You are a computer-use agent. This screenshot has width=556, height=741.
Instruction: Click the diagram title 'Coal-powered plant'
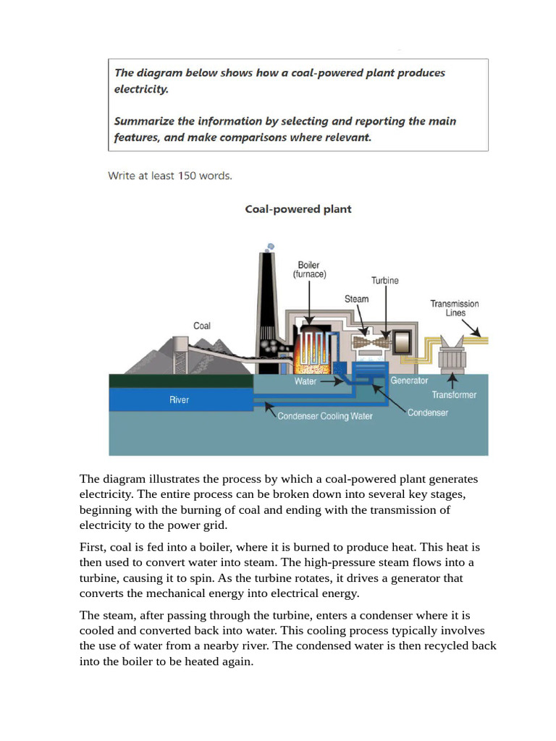click(298, 209)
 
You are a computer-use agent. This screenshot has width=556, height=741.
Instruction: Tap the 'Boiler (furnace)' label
click(309, 270)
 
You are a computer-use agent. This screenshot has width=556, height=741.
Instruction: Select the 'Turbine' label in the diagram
click(384, 281)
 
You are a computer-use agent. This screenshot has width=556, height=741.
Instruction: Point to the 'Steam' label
click(356, 299)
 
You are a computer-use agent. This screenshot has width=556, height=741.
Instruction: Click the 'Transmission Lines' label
click(455, 308)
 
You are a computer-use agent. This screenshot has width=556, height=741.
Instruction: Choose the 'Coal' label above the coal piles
click(202, 326)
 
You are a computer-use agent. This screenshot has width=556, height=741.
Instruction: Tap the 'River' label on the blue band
click(179, 399)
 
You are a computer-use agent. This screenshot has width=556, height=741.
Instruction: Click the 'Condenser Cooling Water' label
click(325, 417)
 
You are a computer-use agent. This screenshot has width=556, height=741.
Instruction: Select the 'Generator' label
click(409, 380)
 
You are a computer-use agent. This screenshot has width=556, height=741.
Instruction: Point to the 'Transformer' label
click(454, 395)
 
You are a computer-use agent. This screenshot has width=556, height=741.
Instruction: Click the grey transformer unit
click(452, 354)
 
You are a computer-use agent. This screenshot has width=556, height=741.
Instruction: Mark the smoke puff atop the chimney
click(271, 247)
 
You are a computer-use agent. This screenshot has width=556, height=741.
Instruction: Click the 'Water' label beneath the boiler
click(305, 381)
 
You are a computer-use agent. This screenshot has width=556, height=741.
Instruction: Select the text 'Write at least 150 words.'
click(170, 175)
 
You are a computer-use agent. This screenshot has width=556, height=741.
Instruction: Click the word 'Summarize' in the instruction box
click(143, 122)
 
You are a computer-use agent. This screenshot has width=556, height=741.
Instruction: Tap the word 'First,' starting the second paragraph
click(93, 547)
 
